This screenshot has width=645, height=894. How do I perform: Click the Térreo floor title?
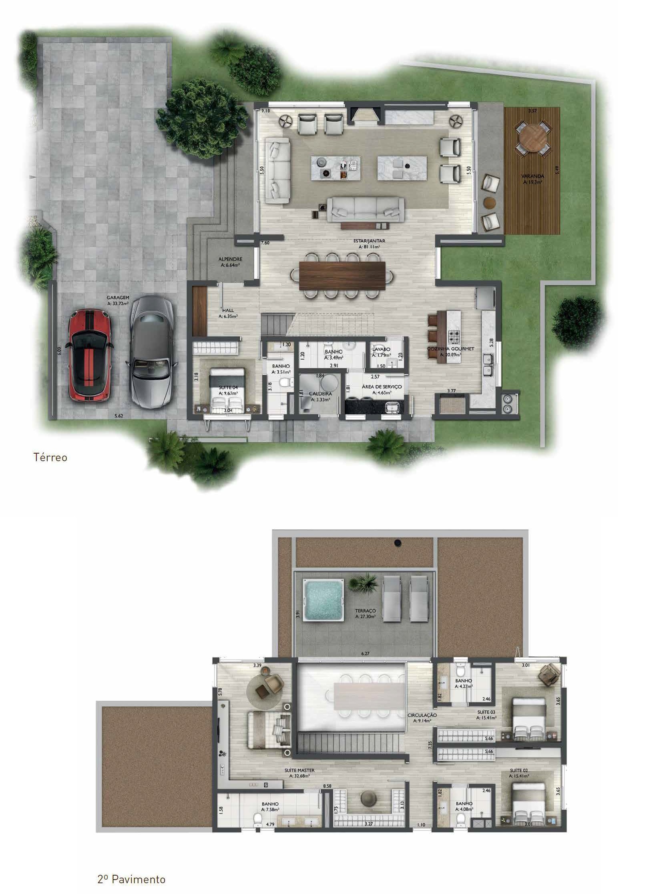tap(50, 457)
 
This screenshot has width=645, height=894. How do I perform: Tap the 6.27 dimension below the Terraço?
tap(365, 653)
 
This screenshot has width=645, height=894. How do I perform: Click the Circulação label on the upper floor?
tap(422, 715)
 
